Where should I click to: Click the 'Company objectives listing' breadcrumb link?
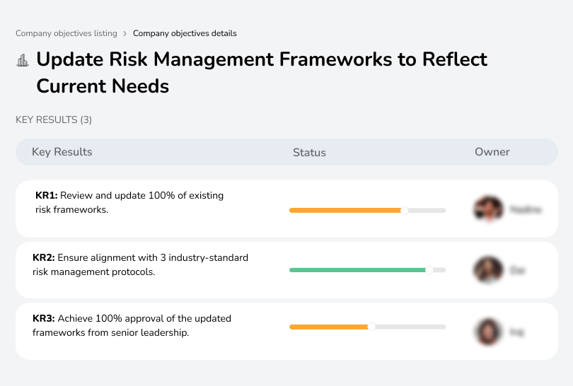click(x=66, y=33)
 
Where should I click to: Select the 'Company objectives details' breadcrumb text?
click(x=185, y=33)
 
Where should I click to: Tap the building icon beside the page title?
click(x=23, y=61)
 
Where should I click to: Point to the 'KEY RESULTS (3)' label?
click(x=54, y=120)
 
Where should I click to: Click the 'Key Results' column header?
click(x=62, y=152)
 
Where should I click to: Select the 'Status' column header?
click(x=309, y=153)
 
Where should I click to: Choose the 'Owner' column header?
click(x=492, y=152)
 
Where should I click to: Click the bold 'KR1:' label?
click(x=46, y=196)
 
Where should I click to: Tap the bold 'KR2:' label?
click(x=44, y=258)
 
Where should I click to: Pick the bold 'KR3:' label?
click(x=44, y=319)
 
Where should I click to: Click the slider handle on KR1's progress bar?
click(x=405, y=210)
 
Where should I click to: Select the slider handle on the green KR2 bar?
click(x=429, y=270)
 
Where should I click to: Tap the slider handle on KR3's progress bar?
click(x=371, y=327)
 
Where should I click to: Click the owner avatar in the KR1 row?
click(x=488, y=209)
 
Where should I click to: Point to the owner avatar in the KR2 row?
click(x=488, y=270)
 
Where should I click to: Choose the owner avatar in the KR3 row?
click(x=488, y=332)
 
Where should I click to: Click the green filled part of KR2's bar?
click(x=357, y=270)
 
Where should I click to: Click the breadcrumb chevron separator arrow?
click(x=125, y=33)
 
